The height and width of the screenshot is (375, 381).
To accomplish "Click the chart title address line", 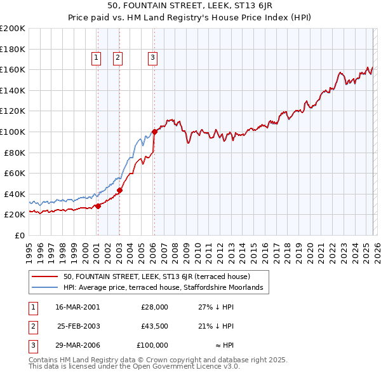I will (x=190, y=6).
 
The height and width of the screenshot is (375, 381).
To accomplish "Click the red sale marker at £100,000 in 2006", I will (x=154, y=132).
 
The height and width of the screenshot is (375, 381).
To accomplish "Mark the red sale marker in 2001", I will (x=98, y=206).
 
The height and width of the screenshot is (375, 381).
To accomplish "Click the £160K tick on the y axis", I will (x=13, y=69).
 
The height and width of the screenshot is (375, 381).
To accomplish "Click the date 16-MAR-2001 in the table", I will (x=77, y=307).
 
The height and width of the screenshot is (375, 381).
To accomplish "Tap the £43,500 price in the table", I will (x=154, y=326).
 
